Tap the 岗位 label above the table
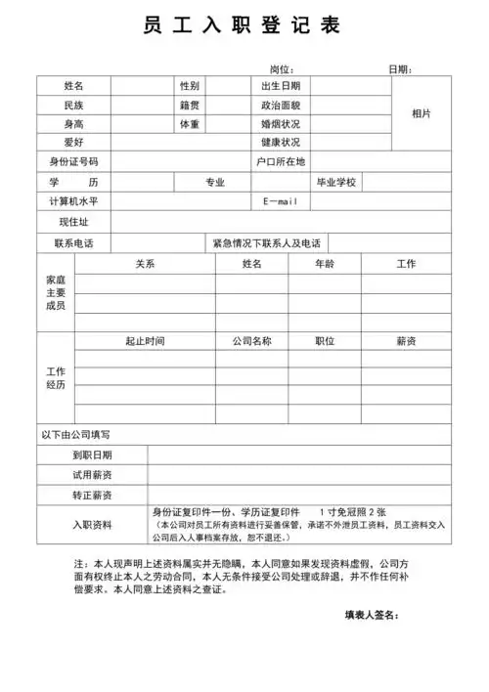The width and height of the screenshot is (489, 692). click(x=282, y=69)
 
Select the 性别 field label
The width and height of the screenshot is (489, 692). click(x=189, y=86)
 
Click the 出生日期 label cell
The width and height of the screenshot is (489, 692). click(x=280, y=86)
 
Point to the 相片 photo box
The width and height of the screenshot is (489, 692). click(x=422, y=114)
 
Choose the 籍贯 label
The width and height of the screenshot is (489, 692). click(x=189, y=105)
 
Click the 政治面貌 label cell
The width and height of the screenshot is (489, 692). click(x=280, y=105)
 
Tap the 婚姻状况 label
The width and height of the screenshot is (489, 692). click(x=280, y=124)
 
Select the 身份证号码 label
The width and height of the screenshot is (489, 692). click(x=73, y=161)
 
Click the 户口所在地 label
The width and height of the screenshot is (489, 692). click(x=280, y=161)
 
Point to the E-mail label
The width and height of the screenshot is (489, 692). click(x=280, y=201)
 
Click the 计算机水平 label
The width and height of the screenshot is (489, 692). click(x=73, y=201)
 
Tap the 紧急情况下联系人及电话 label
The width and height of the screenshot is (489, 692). click(x=266, y=243)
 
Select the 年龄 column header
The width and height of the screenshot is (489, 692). click(x=325, y=264)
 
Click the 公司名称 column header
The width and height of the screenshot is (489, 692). click(x=251, y=341)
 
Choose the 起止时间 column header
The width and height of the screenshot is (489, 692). click(x=145, y=341)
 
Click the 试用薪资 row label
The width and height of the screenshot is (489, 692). click(x=92, y=475)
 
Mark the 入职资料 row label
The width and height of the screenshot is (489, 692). click(x=92, y=524)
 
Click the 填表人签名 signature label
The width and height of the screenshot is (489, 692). click(x=372, y=616)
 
